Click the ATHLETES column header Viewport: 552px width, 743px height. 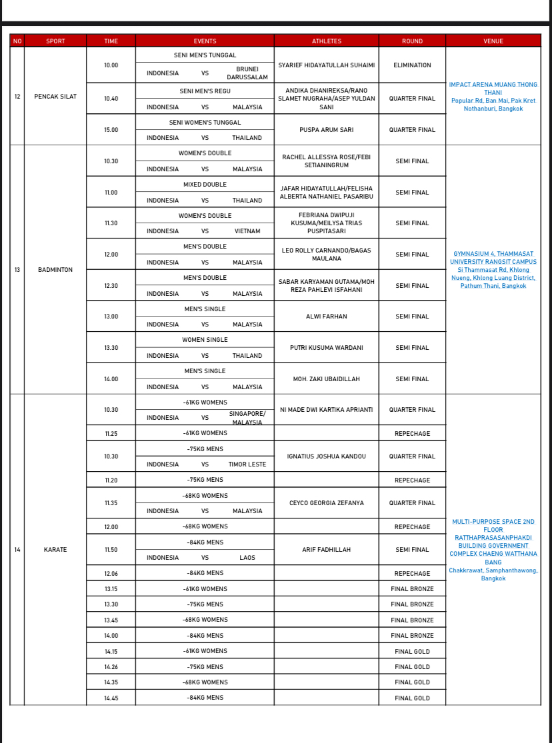coord(326,41)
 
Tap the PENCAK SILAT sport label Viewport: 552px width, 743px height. coord(55,97)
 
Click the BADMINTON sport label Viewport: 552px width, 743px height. coord(55,270)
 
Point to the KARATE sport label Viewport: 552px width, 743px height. coord(55,550)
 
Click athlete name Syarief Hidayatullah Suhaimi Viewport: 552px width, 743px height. coord(326,65)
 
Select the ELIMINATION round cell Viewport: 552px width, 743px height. coord(412,65)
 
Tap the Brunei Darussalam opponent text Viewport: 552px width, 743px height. coord(247,73)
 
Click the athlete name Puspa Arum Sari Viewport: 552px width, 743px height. coord(326,130)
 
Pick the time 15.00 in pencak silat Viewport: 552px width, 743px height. coord(111,130)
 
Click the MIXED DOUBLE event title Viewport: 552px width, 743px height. coord(205,185)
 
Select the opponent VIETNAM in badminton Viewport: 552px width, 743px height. coord(247,231)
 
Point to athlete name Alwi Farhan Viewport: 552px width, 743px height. coord(326,317)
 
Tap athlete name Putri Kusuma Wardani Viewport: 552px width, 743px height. coord(326,348)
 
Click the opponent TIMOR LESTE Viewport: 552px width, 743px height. coord(247,464)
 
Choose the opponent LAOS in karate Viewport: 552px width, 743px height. coord(247,558)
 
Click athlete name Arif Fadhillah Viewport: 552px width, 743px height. coord(326,550)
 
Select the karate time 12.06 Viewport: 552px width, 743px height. coord(111,574)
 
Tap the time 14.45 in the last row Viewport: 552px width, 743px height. coord(111,698)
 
